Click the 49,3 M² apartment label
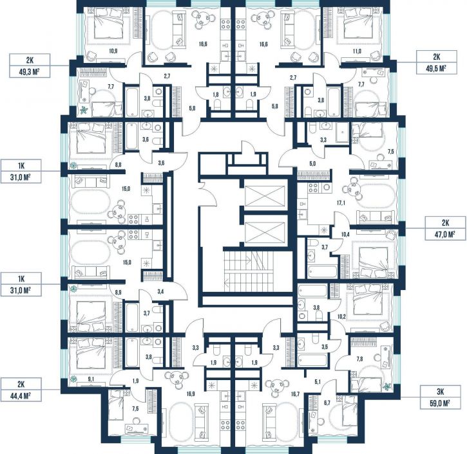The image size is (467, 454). click(x=30, y=66)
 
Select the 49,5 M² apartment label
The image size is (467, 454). click(x=436, y=62)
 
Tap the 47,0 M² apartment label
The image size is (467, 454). click(x=445, y=228)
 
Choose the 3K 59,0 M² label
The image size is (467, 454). click(x=440, y=397)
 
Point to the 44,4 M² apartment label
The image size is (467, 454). click(x=21, y=390)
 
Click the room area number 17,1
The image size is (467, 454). click(x=341, y=203)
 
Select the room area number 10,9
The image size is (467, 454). click(x=113, y=51)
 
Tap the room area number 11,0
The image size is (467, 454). click(x=357, y=51)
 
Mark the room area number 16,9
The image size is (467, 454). click(x=191, y=394)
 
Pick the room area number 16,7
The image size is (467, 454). click(x=295, y=394)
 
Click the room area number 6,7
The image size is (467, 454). click(x=327, y=403)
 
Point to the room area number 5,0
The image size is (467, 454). click(x=312, y=163)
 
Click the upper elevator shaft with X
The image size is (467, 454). click(x=265, y=195)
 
